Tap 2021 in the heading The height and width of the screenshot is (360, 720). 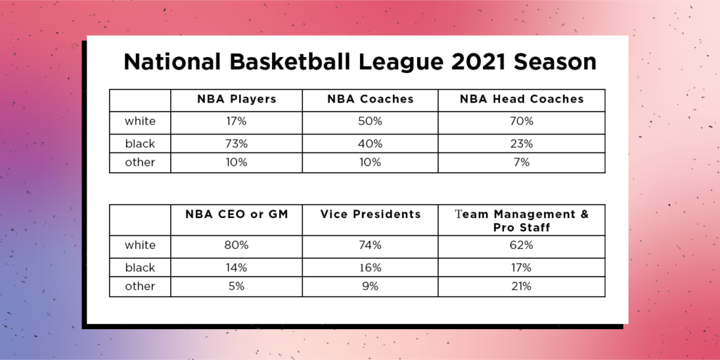tap(479, 62)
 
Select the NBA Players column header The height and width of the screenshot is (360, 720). tap(236, 99)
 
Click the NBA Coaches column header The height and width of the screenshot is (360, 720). tap(370, 99)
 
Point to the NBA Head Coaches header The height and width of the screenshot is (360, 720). tap(522, 99)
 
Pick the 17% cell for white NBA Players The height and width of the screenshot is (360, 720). tap(236, 122)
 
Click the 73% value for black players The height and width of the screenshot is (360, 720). tap(236, 143)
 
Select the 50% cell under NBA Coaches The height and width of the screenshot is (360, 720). tap(370, 122)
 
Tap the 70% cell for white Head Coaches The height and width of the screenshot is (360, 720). tap(522, 122)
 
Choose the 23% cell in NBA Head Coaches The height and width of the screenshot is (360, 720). tap(522, 143)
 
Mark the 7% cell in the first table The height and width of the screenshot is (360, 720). tap(522, 162)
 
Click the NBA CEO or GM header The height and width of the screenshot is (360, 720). tap(236, 214)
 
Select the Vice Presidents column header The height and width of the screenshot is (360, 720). tap(370, 214)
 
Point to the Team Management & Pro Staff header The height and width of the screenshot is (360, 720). tap(522, 220)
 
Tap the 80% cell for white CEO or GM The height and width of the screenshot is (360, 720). tap(236, 245)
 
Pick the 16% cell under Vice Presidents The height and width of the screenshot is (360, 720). tap(370, 268)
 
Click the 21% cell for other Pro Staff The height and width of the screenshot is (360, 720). tap(522, 286)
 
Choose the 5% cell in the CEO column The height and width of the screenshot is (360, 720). tap(236, 286)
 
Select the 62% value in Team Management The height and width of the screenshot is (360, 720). tap(522, 245)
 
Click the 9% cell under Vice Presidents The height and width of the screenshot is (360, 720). tap(370, 286)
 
